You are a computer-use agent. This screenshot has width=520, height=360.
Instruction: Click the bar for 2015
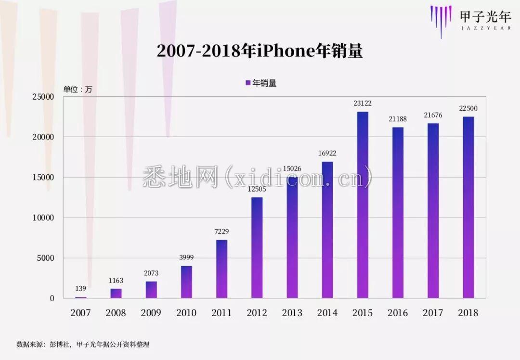(x=363, y=205)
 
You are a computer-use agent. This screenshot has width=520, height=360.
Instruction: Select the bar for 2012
(x=257, y=247)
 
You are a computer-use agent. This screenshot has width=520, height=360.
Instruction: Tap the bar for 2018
(x=468, y=207)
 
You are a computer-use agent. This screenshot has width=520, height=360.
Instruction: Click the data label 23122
(x=363, y=103)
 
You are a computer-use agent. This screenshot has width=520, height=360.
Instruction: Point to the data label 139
(x=80, y=289)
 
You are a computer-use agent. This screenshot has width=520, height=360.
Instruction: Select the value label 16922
(x=327, y=154)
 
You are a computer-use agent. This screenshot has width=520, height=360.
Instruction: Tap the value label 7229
(x=221, y=232)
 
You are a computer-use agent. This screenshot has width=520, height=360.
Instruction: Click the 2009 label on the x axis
(x=151, y=313)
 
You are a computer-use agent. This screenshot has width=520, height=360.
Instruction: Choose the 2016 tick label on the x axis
(x=398, y=313)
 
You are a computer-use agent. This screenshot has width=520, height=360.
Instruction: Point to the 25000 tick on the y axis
(x=43, y=97)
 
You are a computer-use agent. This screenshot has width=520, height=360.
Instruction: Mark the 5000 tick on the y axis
(x=46, y=258)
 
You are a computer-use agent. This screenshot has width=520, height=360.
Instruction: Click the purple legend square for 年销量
(x=248, y=83)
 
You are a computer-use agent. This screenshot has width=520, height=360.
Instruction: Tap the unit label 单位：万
(x=78, y=89)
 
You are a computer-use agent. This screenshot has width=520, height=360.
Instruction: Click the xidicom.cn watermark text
(x=258, y=177)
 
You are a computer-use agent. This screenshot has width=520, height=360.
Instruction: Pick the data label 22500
(x=468, y=108)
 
